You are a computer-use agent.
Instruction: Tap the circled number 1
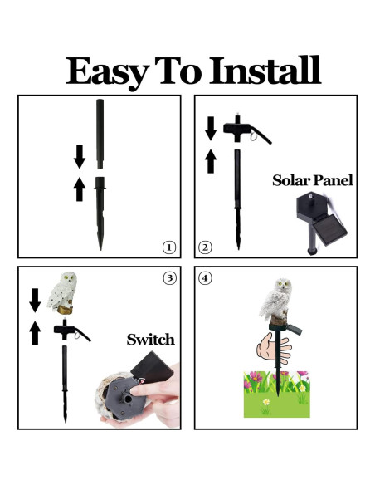pos(168,247)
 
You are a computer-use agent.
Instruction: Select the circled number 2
pos(205,247)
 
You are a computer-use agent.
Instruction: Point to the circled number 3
pos(168,278)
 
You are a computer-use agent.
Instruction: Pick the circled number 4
pos(205,278)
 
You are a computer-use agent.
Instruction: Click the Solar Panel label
pos(313,180)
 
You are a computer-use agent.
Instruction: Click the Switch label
pos(150,340)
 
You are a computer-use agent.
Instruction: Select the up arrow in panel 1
pos(80,189)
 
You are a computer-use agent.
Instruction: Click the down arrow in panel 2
pos(211,127)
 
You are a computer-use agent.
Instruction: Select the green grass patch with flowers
pos(276,394)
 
